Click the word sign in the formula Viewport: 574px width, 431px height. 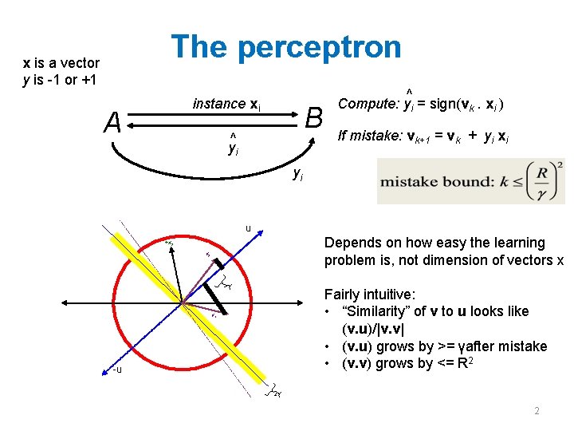(x=440, y=105)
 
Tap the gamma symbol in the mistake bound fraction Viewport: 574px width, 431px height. (x=541, y=192)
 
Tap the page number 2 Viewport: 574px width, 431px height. (x=537, y=411)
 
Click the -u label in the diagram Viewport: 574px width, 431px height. (x=117, y=370)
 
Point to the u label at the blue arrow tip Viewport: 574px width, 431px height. (x=249, y=229)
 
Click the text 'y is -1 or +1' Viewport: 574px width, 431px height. (x=61, y=80)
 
